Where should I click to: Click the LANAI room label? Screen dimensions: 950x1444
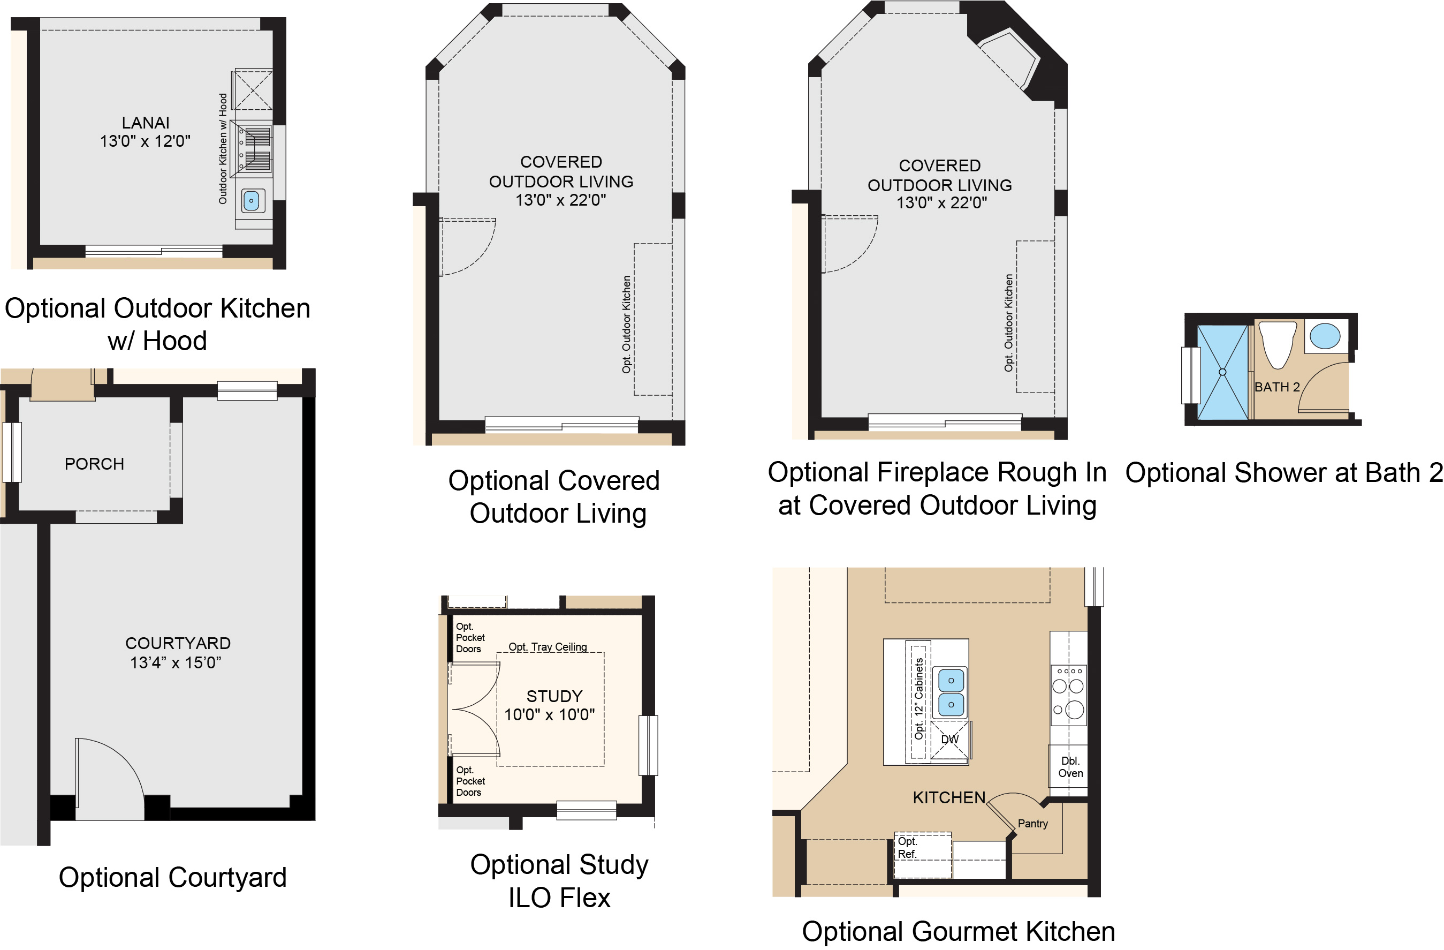coord(146,123)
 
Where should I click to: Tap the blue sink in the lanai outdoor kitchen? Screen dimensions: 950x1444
coord(250,200)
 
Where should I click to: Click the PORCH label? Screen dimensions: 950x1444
coord(94,464)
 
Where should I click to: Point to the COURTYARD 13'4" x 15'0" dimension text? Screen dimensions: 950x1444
coord(177,662)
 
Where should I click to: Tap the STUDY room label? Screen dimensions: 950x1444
coord(554,696)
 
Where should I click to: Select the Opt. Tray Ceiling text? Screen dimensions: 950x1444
coord(548,646)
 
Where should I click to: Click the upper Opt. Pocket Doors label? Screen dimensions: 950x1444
coord(470,637)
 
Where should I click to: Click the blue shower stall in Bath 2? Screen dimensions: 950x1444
coord(1222,372)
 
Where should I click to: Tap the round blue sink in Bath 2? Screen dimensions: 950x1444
coord(1325,336)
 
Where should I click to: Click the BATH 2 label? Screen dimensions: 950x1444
coord(1276,387)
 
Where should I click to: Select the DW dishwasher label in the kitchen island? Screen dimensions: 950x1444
coord(949,740)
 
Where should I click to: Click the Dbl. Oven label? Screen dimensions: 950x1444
coord(1070,767)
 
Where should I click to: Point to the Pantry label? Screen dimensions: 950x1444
coord(1032,824)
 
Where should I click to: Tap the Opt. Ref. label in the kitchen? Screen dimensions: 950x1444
coord(907,847)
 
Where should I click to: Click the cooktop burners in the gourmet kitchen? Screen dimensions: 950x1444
coord(1068,696)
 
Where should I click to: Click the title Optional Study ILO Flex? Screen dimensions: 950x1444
coord(559,881)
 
